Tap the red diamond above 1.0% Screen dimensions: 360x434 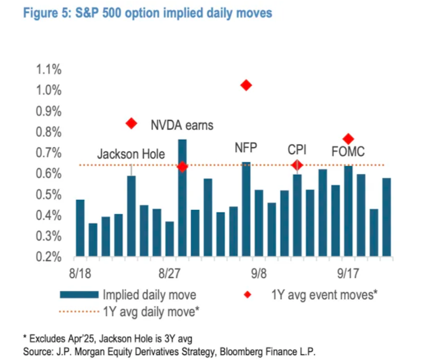pos(246,86)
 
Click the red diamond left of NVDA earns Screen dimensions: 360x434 pos(131,124)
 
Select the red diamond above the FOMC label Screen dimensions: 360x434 pos(348,139)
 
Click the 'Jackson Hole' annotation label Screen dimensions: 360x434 pos(131,153)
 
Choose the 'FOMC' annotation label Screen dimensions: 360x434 pos(348,152)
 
